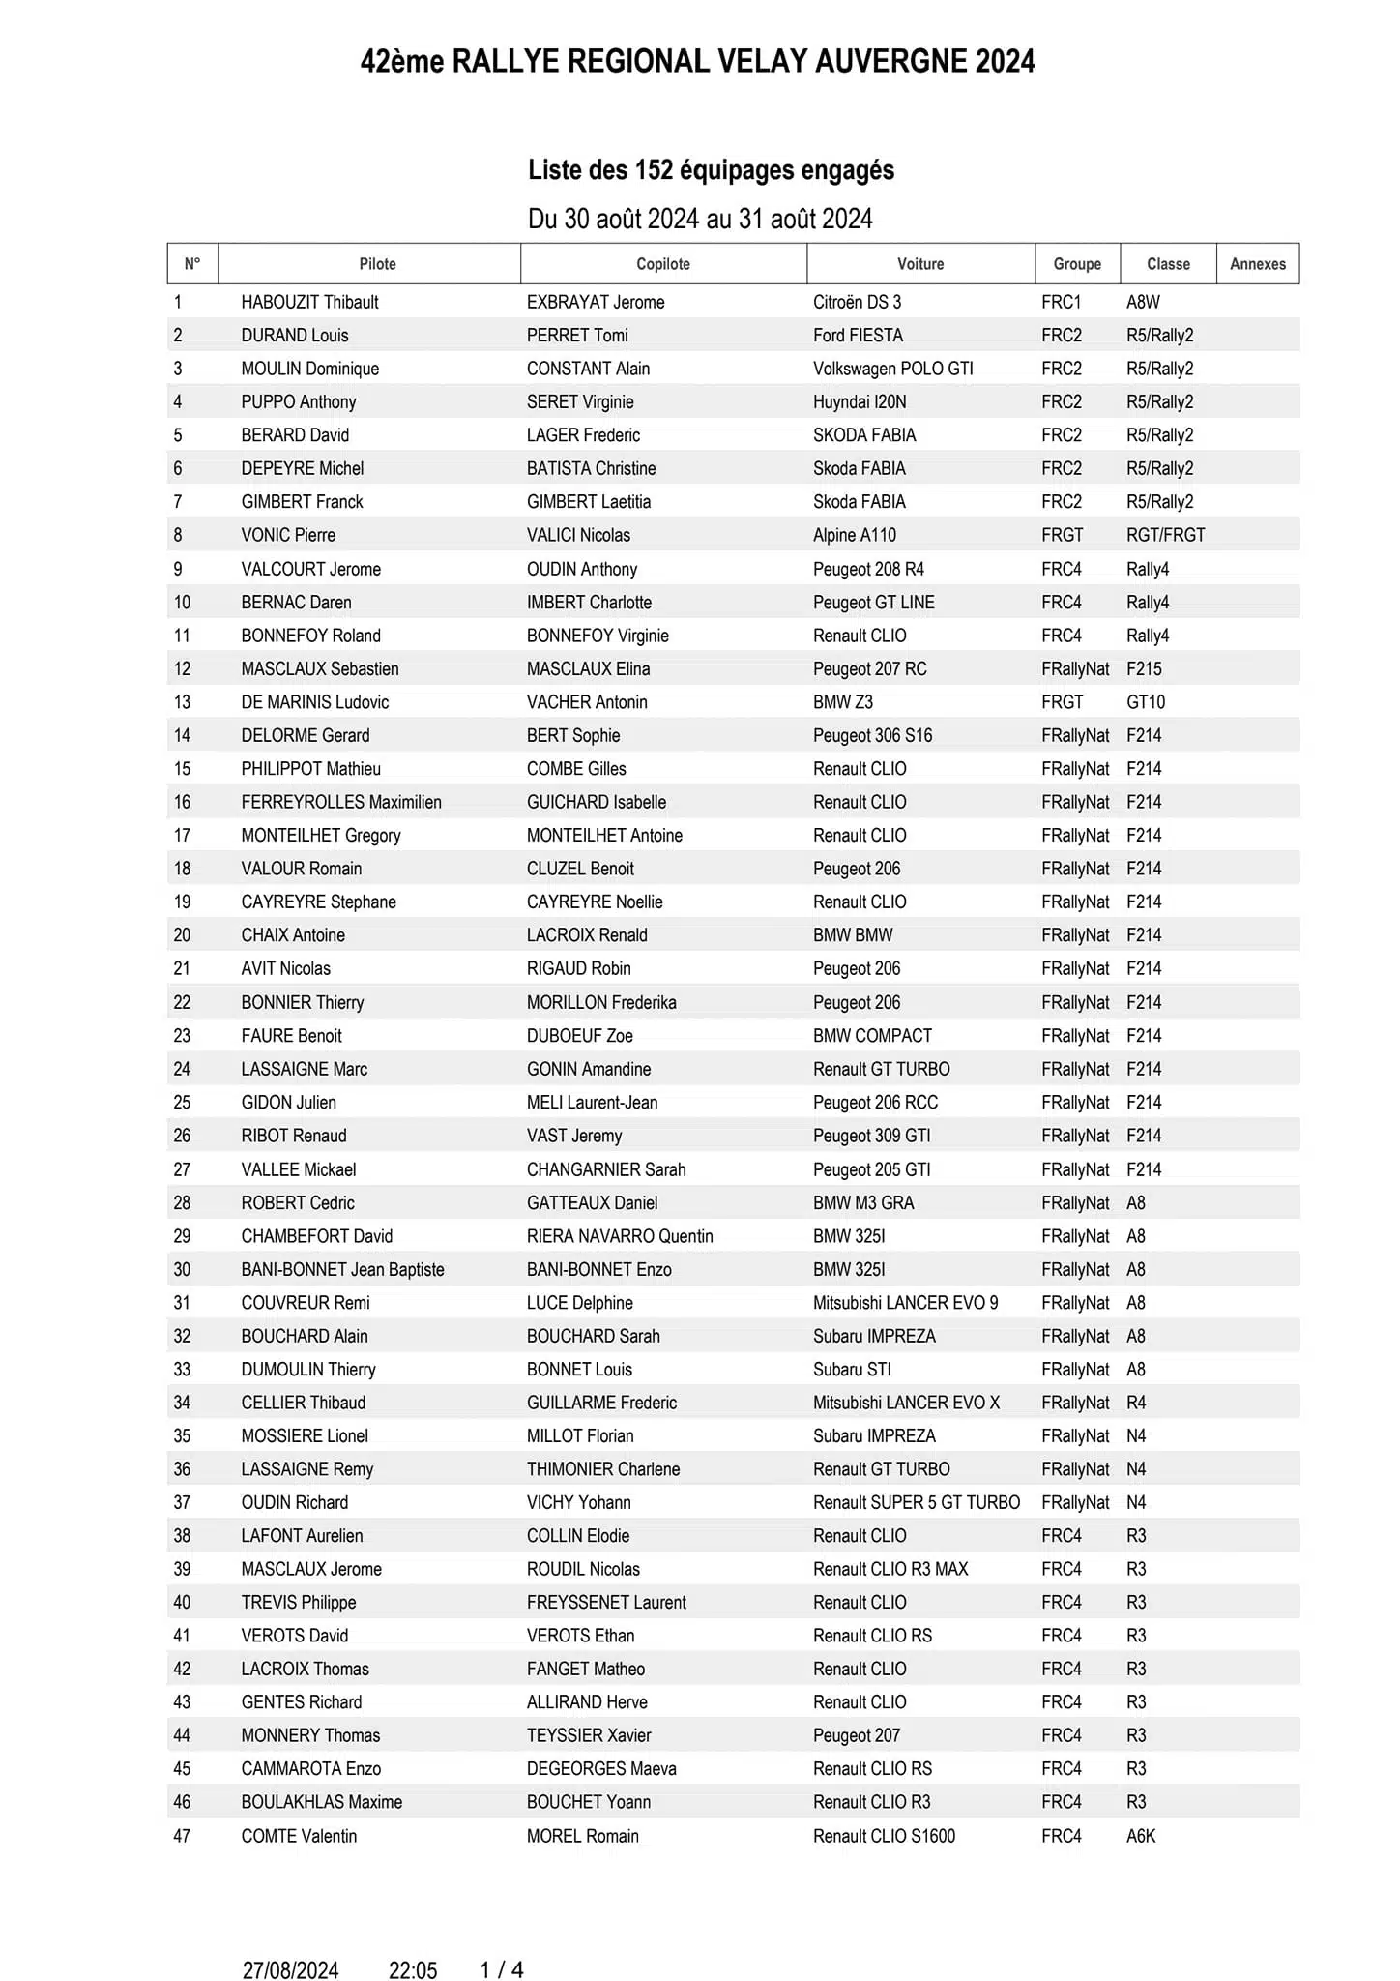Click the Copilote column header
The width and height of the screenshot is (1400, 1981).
[663, 264]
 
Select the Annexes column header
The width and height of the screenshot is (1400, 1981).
[1257, 264]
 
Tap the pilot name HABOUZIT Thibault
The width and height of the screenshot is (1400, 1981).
[309, 302]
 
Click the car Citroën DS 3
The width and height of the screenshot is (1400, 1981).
[857, 302]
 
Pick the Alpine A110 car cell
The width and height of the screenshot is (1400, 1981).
[854, 535]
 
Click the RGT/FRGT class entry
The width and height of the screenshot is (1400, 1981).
[1165, 535]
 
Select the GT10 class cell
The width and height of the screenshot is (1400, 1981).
[1146, 702]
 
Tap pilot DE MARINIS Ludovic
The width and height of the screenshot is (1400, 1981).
[314, 702]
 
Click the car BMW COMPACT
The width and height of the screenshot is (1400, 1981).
[872, 1036]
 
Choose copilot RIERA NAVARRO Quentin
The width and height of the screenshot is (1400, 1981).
[620, 1236]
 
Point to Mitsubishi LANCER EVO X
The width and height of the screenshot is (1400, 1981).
[906, 1403]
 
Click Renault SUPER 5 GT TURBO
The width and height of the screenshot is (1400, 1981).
[916, 1502]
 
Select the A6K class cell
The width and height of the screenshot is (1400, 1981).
[1141, 1836]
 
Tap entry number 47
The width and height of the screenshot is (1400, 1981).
[182, 1836]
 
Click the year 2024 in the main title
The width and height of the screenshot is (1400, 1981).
[1005, 62]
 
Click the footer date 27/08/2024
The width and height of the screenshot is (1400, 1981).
[290, 1943]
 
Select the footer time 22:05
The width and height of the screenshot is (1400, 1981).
[413, 1943]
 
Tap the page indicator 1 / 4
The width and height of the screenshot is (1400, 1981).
[501, 1943]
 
